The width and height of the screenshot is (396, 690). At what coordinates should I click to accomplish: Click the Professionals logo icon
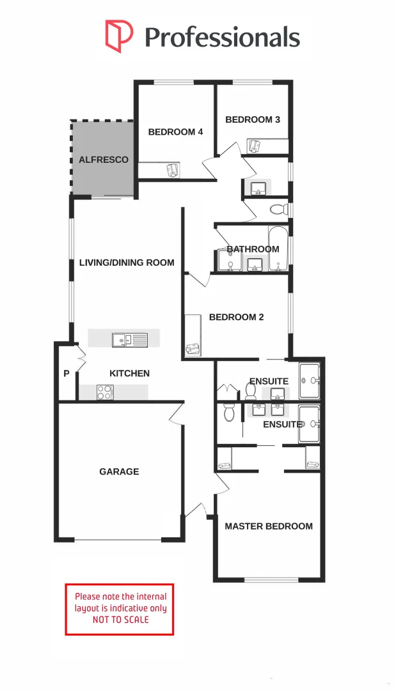tap(119, 36)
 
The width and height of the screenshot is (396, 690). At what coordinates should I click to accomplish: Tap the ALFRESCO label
tap(104, 160)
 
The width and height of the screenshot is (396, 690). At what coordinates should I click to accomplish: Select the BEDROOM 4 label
tap(175, 132)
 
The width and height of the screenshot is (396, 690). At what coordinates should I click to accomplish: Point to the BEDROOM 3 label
tap(253, 119)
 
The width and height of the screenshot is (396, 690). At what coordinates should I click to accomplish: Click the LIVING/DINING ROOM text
tap(127, 263)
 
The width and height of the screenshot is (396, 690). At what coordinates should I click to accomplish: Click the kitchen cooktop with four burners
tap(104, 392)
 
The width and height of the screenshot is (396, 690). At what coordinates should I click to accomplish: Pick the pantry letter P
tap(67, 374)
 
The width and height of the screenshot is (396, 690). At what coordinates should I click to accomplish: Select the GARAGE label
tap(119, 471)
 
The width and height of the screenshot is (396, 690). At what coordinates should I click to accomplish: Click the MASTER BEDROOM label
tap(269, 526)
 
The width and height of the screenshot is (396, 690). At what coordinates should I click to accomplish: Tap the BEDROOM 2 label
tap(236, 318)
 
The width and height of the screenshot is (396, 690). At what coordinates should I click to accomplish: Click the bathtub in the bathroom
tap(278, 249)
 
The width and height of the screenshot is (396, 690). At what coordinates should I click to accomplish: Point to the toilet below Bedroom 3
tap(278, 209)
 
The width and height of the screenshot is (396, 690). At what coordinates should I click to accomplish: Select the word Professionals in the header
tap(223, 37)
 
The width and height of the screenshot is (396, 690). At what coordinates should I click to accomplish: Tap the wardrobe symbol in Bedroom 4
tap(173, 170)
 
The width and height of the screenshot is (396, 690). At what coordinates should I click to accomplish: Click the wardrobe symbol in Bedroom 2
tap(192, 349)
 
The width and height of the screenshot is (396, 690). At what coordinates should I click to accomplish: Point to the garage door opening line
tap(118, 540)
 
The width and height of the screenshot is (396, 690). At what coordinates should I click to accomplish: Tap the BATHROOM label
tap(253, 249)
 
